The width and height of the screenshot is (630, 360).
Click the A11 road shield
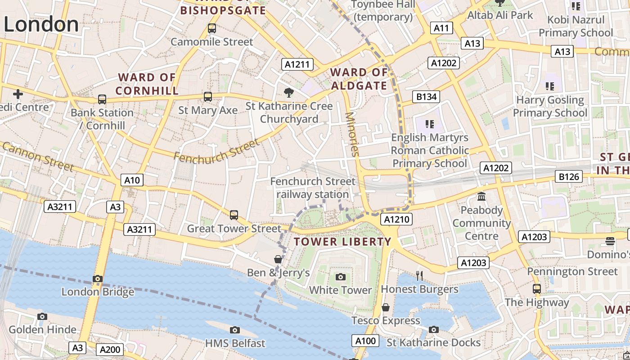coord(441,28)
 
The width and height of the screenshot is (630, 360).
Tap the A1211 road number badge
coord(297,64)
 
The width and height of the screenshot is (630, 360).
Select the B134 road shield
coord(426,96)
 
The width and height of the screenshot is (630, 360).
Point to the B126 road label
coord(569,177)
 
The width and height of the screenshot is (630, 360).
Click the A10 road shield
coord(132,180)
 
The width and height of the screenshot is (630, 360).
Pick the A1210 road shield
coord(396,219)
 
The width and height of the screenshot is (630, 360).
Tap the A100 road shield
coord(365,341)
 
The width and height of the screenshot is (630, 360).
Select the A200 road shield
coord(110,350)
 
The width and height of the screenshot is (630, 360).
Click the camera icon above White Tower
coord(341,276)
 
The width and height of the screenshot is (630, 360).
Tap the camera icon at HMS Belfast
coord(234,330)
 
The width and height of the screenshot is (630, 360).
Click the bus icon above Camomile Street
coord(212,28)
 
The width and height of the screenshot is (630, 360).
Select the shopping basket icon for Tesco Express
coord(386,307)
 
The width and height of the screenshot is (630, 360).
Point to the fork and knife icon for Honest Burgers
coord(419,275)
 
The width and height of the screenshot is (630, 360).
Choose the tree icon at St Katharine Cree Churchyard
coord(289,93)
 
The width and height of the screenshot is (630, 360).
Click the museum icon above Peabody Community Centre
coord(481,197)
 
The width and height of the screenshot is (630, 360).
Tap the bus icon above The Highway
coord(536,288)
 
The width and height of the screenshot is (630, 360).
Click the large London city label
coord(41,24)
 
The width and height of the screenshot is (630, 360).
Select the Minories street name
coord(352,134)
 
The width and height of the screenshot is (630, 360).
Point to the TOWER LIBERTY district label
coord(342,242)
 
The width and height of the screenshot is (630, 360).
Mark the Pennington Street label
coord(572,271)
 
